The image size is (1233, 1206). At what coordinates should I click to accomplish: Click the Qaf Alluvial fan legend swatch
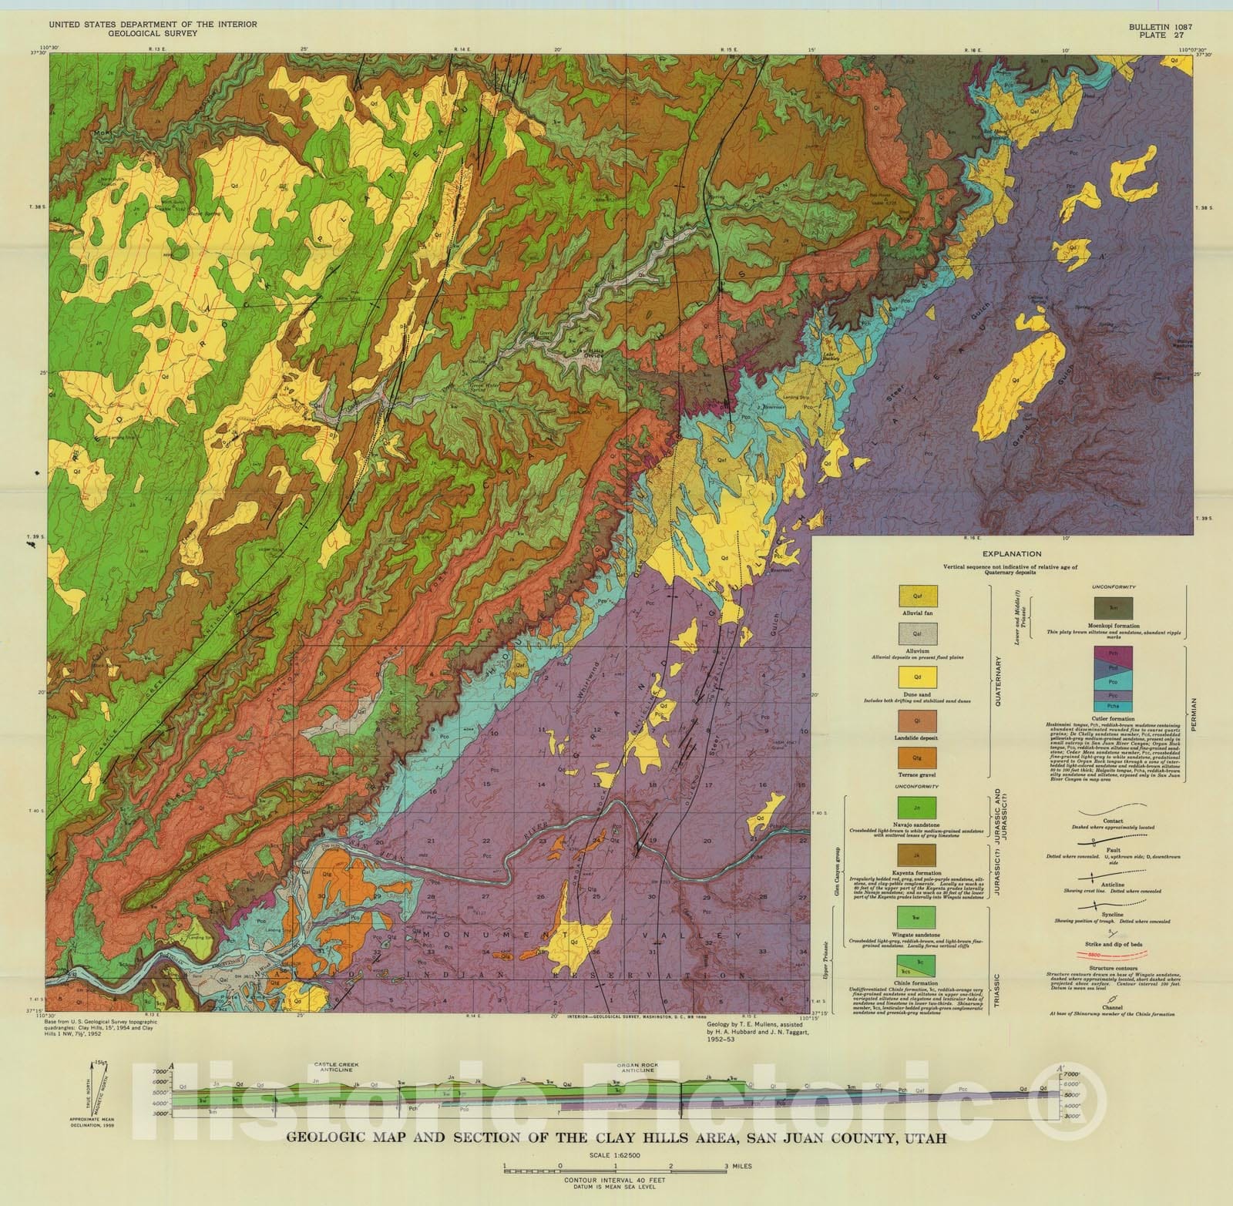point(917,596)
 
